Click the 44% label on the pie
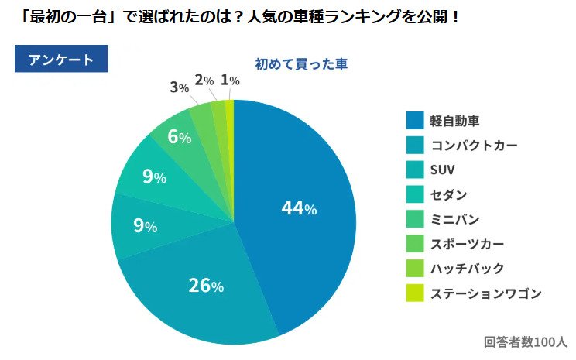299,208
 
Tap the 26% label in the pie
206,286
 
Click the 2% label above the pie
204,80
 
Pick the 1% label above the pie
229,80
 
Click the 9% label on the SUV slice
145,227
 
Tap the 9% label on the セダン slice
154,177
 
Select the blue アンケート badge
61,60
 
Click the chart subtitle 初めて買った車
301,64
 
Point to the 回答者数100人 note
526,341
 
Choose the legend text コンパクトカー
473,145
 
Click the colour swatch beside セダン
415,194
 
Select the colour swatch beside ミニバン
415,219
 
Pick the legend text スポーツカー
467,244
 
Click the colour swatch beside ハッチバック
415,269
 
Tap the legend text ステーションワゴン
485,293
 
